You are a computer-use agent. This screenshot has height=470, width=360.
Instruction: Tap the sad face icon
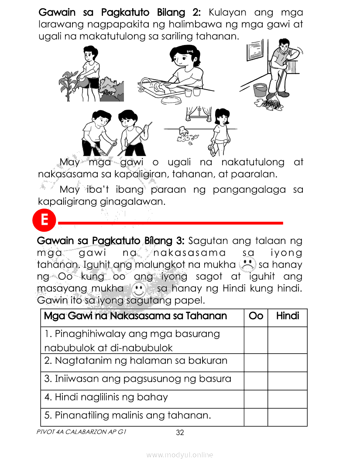click(247, 265)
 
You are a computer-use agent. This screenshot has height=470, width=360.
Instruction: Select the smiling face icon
click(139, 289)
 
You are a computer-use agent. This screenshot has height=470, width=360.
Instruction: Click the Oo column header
click(256, 316)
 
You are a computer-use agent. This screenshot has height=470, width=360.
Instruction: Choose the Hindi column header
click(288, 316)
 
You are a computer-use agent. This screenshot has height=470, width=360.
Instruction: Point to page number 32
click(180, 432)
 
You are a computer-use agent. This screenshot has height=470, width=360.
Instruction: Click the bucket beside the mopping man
click(260, 90)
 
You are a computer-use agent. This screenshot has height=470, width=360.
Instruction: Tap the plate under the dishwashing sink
click(171, 100)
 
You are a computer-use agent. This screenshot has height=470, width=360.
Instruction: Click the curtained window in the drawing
click(199, 114)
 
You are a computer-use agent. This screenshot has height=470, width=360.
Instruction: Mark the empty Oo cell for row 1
click(256, 340)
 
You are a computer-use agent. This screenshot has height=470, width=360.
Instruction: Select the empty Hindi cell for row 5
click(288, 417)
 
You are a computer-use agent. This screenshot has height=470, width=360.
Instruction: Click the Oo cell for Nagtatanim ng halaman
click(256, 362)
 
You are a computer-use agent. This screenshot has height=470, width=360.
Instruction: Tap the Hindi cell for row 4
click(288, 399)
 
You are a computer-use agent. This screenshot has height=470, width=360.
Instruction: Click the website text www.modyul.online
click(180, 455)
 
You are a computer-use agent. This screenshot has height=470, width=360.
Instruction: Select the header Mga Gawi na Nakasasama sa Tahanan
click(135, 316)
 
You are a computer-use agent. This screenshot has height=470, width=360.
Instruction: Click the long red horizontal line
click(170, 223)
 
